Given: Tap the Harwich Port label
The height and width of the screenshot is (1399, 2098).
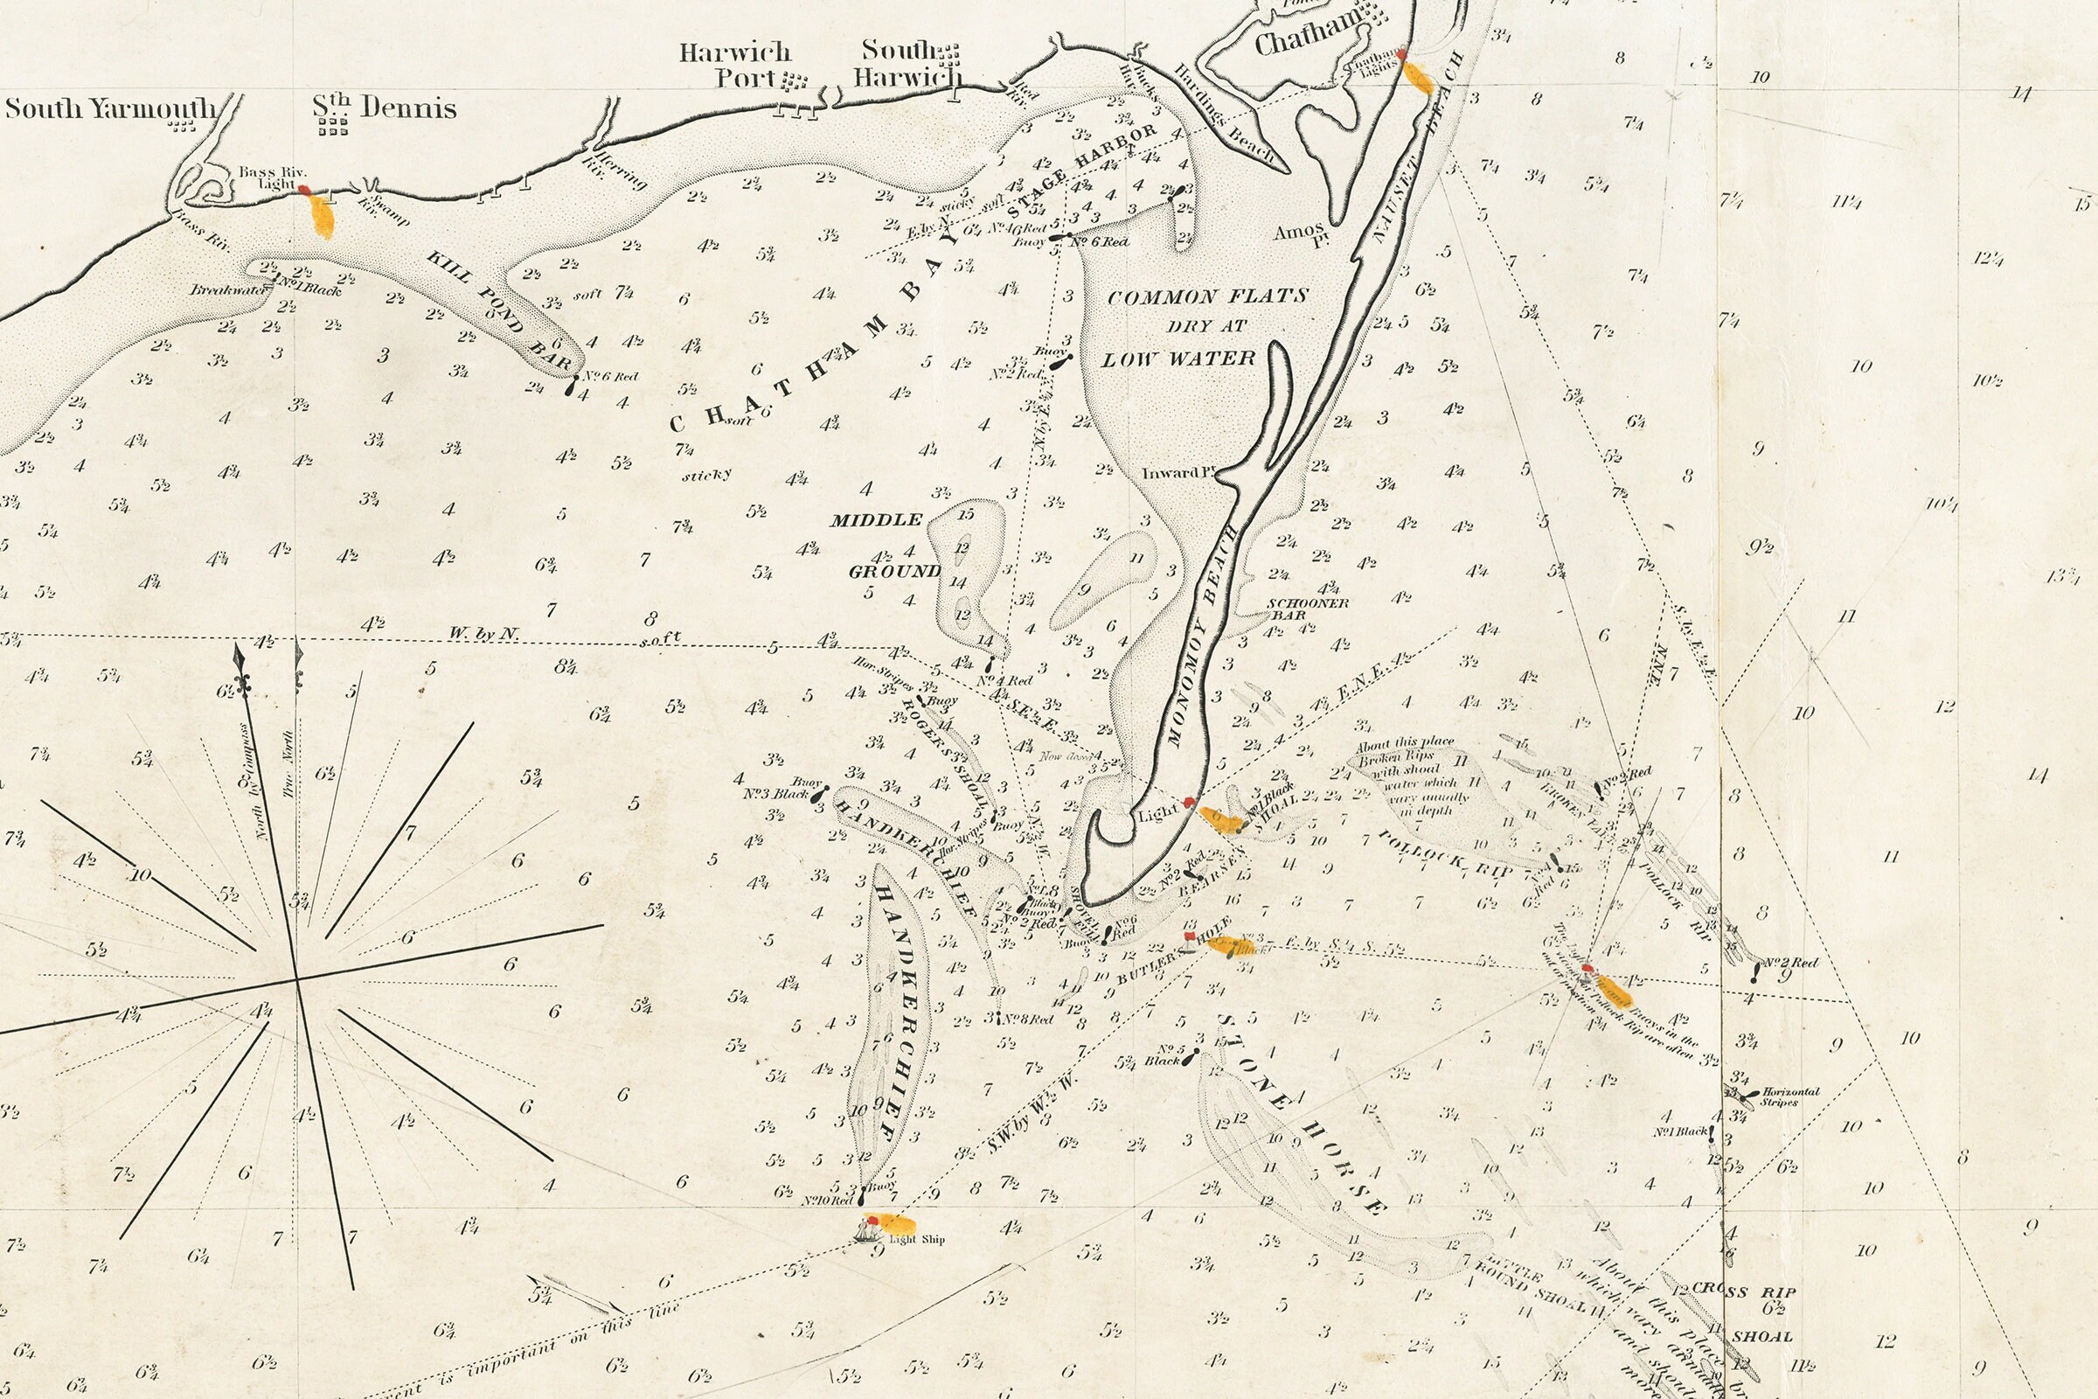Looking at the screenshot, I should (x=736, y=65).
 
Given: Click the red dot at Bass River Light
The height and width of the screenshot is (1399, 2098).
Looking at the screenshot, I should (x=304, y=189).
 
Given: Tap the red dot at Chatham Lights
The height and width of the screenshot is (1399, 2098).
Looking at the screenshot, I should (x=1401, y=54).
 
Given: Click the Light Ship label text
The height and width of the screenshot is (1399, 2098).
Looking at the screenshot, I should (x=917, y=1238).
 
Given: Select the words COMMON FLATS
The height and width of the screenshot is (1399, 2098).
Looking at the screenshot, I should (x=1207, y=296).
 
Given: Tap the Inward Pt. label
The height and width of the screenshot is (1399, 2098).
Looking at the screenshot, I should (x=1179, y=472).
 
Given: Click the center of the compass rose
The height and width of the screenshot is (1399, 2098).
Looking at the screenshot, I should (x=297, y=978).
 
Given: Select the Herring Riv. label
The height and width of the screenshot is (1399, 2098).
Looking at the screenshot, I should (x=615, y=170).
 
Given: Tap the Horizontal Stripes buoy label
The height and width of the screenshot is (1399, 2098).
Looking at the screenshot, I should (x=1784, y=1096).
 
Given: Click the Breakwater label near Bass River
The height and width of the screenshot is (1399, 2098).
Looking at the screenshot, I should (x=217, y=289).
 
